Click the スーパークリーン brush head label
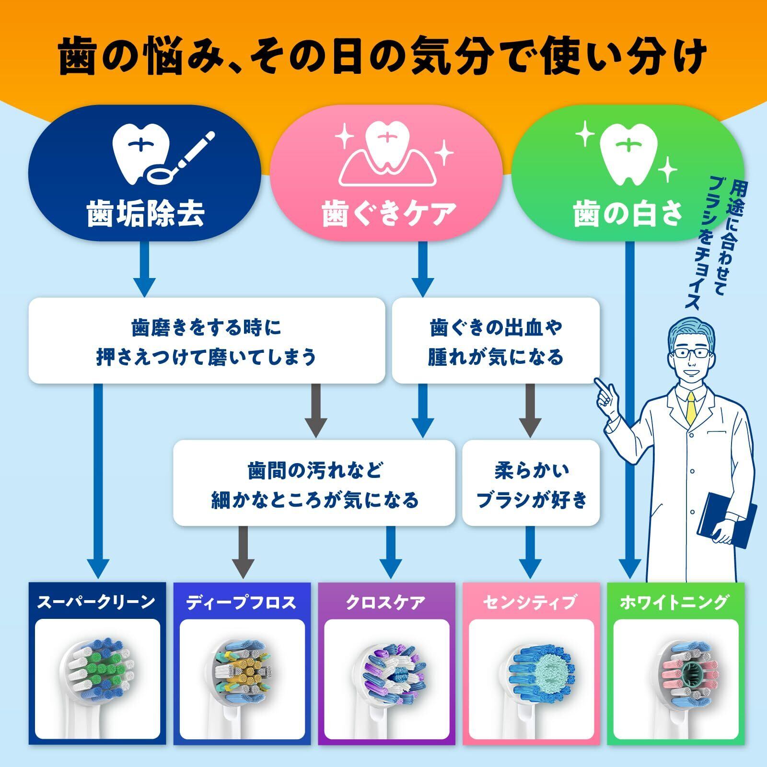[96, 602]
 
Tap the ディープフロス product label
[241, 602]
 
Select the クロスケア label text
[386, 602]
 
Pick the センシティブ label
[530, 602]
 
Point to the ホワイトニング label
[675, 602]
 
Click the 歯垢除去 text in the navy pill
[146, 213]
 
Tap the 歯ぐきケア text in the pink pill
[386, 213]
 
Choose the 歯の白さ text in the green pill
[628, 213]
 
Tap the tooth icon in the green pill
[628, 150]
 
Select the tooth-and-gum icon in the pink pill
[386, 154]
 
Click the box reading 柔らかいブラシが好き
[531, 483]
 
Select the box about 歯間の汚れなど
[314, 483]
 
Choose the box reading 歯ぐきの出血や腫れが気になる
[496, 340]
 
